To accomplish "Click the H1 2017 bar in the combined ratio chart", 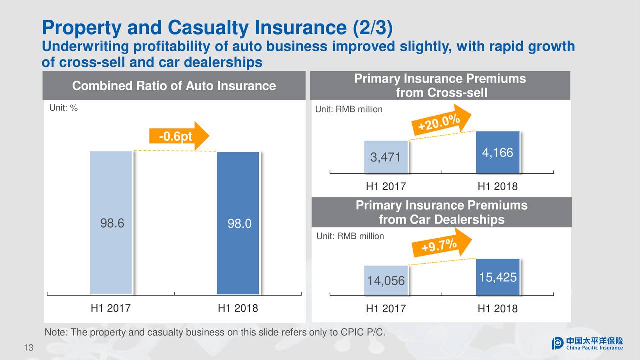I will click(111, 222).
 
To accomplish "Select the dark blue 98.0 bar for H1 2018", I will click(238, 223).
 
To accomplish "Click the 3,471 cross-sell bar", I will click(386, 157).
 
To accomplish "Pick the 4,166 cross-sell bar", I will click(498, 152).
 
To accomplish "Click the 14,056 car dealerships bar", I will click(386, 280).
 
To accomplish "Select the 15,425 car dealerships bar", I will click(498, 277).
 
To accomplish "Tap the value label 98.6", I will click(112, 223).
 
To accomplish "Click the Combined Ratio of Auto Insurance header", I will click(174, 86).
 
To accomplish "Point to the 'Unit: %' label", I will click(63, 108).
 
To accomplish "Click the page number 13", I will click(28, 348).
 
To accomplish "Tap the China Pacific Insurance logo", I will click(587, 343).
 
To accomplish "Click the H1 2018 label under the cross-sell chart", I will click(497, 187).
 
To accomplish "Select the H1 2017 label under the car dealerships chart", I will click(386, 309).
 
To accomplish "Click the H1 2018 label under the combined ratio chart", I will click(238, 308).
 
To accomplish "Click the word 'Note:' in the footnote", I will click(56, 333).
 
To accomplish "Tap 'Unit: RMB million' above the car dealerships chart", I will click(350, 236).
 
